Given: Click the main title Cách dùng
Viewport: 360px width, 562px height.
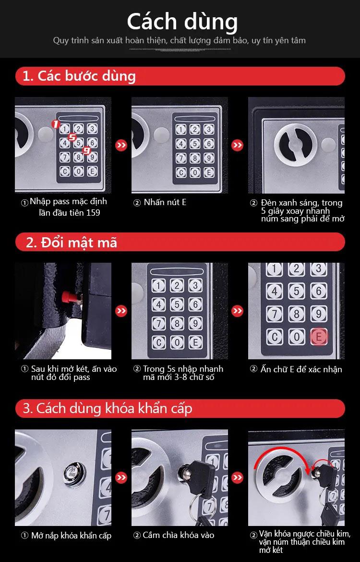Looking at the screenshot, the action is coord(182,22).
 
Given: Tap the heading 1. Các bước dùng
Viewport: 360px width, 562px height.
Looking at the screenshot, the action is coord(79,76).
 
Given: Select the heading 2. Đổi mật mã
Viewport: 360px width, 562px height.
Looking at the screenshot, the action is coord(72,243).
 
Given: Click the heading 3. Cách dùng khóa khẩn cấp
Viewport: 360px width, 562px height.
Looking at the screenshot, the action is coord(108,408).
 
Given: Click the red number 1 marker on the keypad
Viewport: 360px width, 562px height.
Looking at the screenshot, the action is coord(56,124).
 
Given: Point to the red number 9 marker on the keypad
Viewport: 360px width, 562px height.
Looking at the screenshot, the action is coord(86,150).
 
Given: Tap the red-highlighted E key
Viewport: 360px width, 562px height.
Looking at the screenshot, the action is coord(318,337).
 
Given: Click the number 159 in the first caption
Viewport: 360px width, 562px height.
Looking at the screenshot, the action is coord(93,212).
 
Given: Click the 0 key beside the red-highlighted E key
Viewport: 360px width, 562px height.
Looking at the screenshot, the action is coord(296,337).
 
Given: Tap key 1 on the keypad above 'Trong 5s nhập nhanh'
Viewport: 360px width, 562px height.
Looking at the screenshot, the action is coord(158,286).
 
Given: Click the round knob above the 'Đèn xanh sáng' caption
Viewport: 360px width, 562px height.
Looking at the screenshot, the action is coord(296,145).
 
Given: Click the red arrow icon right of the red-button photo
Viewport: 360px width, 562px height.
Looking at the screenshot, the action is coord(121,311).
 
